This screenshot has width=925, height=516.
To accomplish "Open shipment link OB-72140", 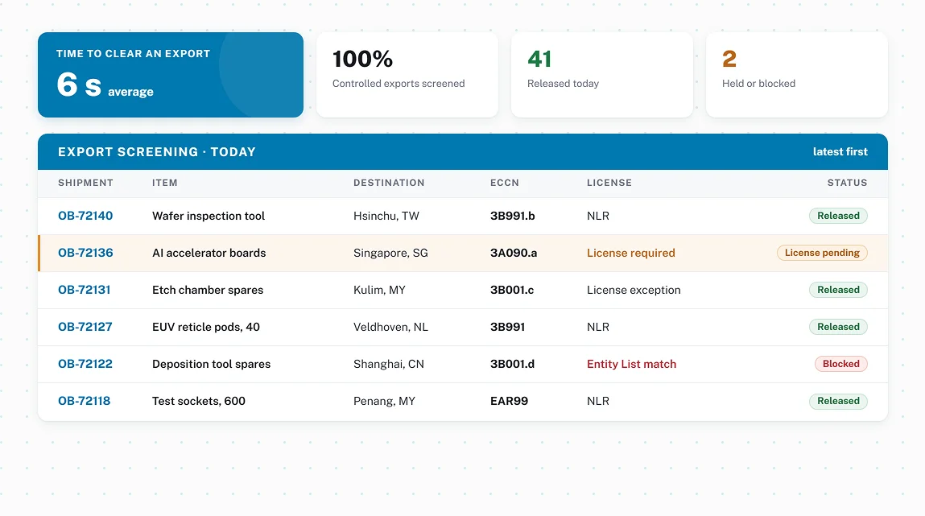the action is point(85,216).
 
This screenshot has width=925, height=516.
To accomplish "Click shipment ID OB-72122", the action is point(85,364).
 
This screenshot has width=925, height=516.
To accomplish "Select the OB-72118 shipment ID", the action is point(84,401).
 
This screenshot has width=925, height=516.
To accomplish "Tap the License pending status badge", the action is point(822,253).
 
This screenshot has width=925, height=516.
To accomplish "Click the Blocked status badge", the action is point(840,364).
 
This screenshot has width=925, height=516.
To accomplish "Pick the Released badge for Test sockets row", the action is point(838,401).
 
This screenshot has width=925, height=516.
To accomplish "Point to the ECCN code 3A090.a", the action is point(514,253).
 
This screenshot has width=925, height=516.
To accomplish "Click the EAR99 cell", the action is point(509,401).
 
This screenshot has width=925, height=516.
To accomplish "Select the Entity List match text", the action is point(631,364).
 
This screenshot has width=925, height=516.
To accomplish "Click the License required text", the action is point(630,253).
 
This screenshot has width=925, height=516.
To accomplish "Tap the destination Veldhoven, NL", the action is point(390,327).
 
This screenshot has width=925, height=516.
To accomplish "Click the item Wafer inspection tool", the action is point(209,216).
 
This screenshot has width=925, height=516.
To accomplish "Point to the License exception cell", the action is point(634,290).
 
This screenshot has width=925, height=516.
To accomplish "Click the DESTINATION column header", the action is point(389,183).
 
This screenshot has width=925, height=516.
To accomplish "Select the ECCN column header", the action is point(505,183).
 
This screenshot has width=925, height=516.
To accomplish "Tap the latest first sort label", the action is point(840,151).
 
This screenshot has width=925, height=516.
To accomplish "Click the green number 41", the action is point(539,59).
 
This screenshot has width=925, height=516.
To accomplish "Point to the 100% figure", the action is point(362,59).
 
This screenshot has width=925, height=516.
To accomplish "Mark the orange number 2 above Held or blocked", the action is point(729,59).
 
